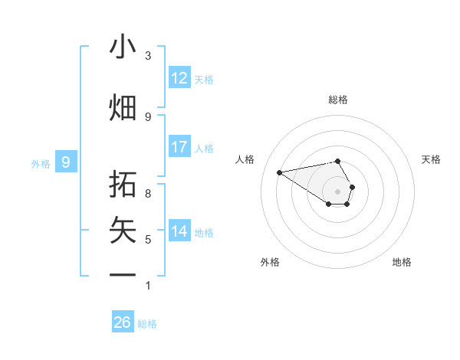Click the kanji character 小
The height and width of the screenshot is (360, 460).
[123, 48]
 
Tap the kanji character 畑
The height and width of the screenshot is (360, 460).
[123, 107]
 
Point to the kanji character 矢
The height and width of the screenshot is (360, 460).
[123, 229]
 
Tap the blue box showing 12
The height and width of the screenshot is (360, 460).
[179, 78]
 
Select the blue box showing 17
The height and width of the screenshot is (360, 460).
[179, 146]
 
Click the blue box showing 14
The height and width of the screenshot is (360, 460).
[179, 231]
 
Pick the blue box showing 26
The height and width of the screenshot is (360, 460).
[123, 322]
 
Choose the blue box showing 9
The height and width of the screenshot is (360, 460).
[66, 162]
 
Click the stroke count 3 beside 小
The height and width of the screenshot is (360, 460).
[148, 56]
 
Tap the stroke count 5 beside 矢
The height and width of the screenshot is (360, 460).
[148, 240]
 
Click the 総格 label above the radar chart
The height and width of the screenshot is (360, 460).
[338, 100]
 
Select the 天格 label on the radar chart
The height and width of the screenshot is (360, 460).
[431, 159]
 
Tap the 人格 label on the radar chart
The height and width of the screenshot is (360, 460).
[245, 159]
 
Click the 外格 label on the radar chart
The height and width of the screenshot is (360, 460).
[270, 262]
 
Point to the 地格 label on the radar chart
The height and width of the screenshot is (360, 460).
[402, 262]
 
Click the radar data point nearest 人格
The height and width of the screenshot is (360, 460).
[280, 172]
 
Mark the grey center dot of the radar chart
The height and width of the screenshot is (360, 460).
[338, 191]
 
